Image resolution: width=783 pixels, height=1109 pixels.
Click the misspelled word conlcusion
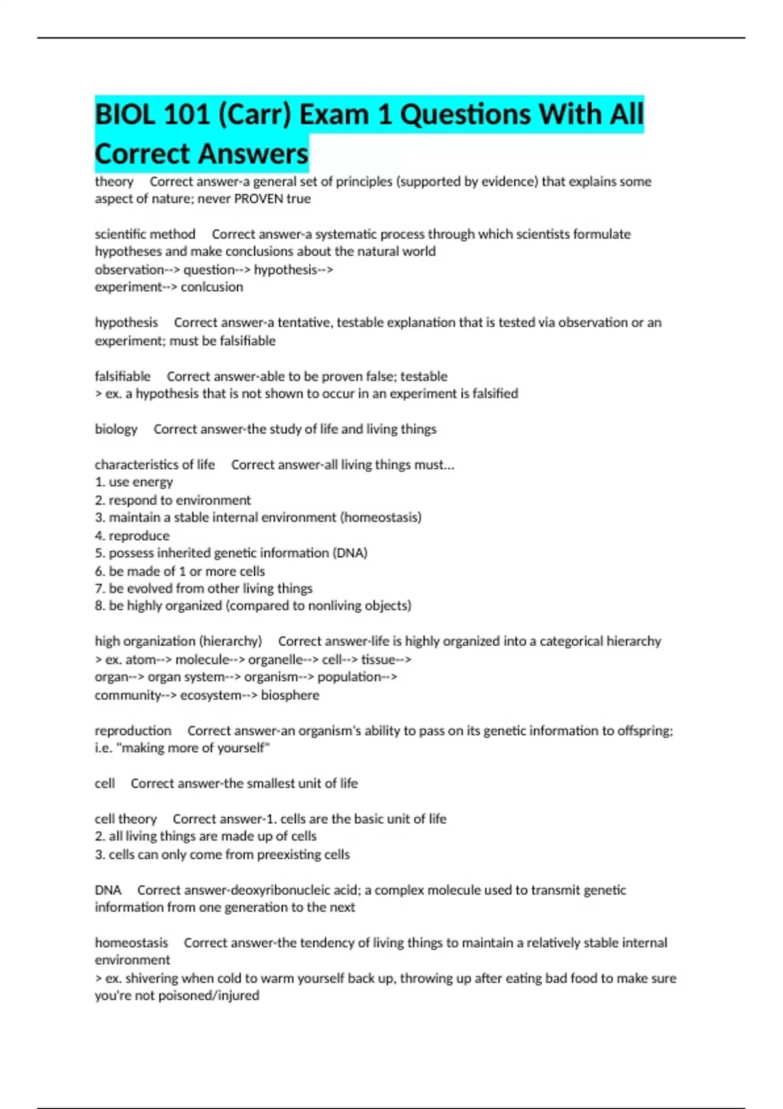pyautogui.click(x=212, y=287)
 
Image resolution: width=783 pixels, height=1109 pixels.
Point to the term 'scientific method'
pyautogui.click(x=145, y=234)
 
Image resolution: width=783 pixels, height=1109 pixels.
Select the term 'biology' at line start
pyautogui.click(x=116, y=429)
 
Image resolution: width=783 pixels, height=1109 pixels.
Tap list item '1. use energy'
pyautogui.click(x=134, y=482)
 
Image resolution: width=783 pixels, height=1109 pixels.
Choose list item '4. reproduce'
pyautogui.click(x=132, y=536)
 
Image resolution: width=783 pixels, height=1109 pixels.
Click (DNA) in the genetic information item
pyautogui.click(x=350, y=553)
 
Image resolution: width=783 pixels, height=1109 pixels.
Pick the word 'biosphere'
pyautogui.click(x=290, y=695)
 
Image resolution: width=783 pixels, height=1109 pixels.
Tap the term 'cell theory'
pyautogui.click(x=126, y=819)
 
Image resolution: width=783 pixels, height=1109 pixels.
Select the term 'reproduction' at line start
pyautogui.click(x=133, y=731)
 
